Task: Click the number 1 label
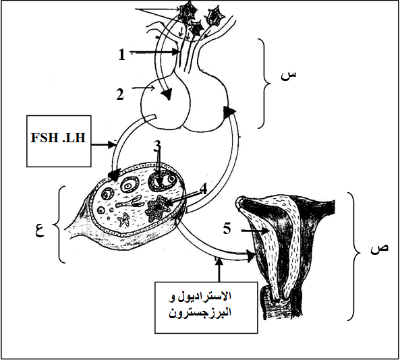[x=122, y=55]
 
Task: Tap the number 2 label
[x=120, y=94]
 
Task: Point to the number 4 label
[x=203, y=189]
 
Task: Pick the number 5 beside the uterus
[x=227, y=228]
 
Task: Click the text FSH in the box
[x=44, y=138]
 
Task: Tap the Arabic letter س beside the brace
[x=289, y=76]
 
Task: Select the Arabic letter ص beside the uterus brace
[x=379, y=248]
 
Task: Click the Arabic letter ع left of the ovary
[x=40, y=231]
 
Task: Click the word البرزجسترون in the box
[x=200, y=312]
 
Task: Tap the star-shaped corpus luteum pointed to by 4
[x=158, y=207]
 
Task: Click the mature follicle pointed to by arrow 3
[x=163, y=181]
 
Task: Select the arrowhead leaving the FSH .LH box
[x=112, y=145]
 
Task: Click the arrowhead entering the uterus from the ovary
[x=252, y=256]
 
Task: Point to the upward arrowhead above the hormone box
[x=219, y=261]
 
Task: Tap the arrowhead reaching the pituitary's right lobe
[x=229, y=112]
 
